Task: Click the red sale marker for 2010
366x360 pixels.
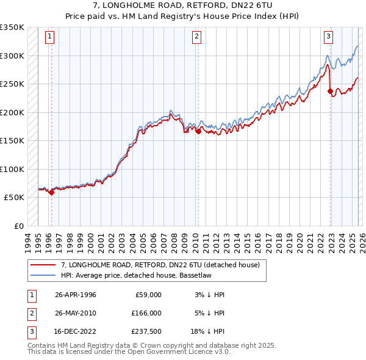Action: coord(198,131)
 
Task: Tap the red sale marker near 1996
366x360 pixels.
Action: coord(51,192)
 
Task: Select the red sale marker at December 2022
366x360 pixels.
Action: coord(331,92)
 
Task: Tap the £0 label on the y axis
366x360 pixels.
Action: coord(18,226)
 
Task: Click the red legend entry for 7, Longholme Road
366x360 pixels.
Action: coord(160,265)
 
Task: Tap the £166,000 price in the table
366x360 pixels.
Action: coord(146,312)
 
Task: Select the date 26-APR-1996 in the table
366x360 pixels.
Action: coord(75,295)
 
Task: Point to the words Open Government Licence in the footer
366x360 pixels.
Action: coord(173,352)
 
